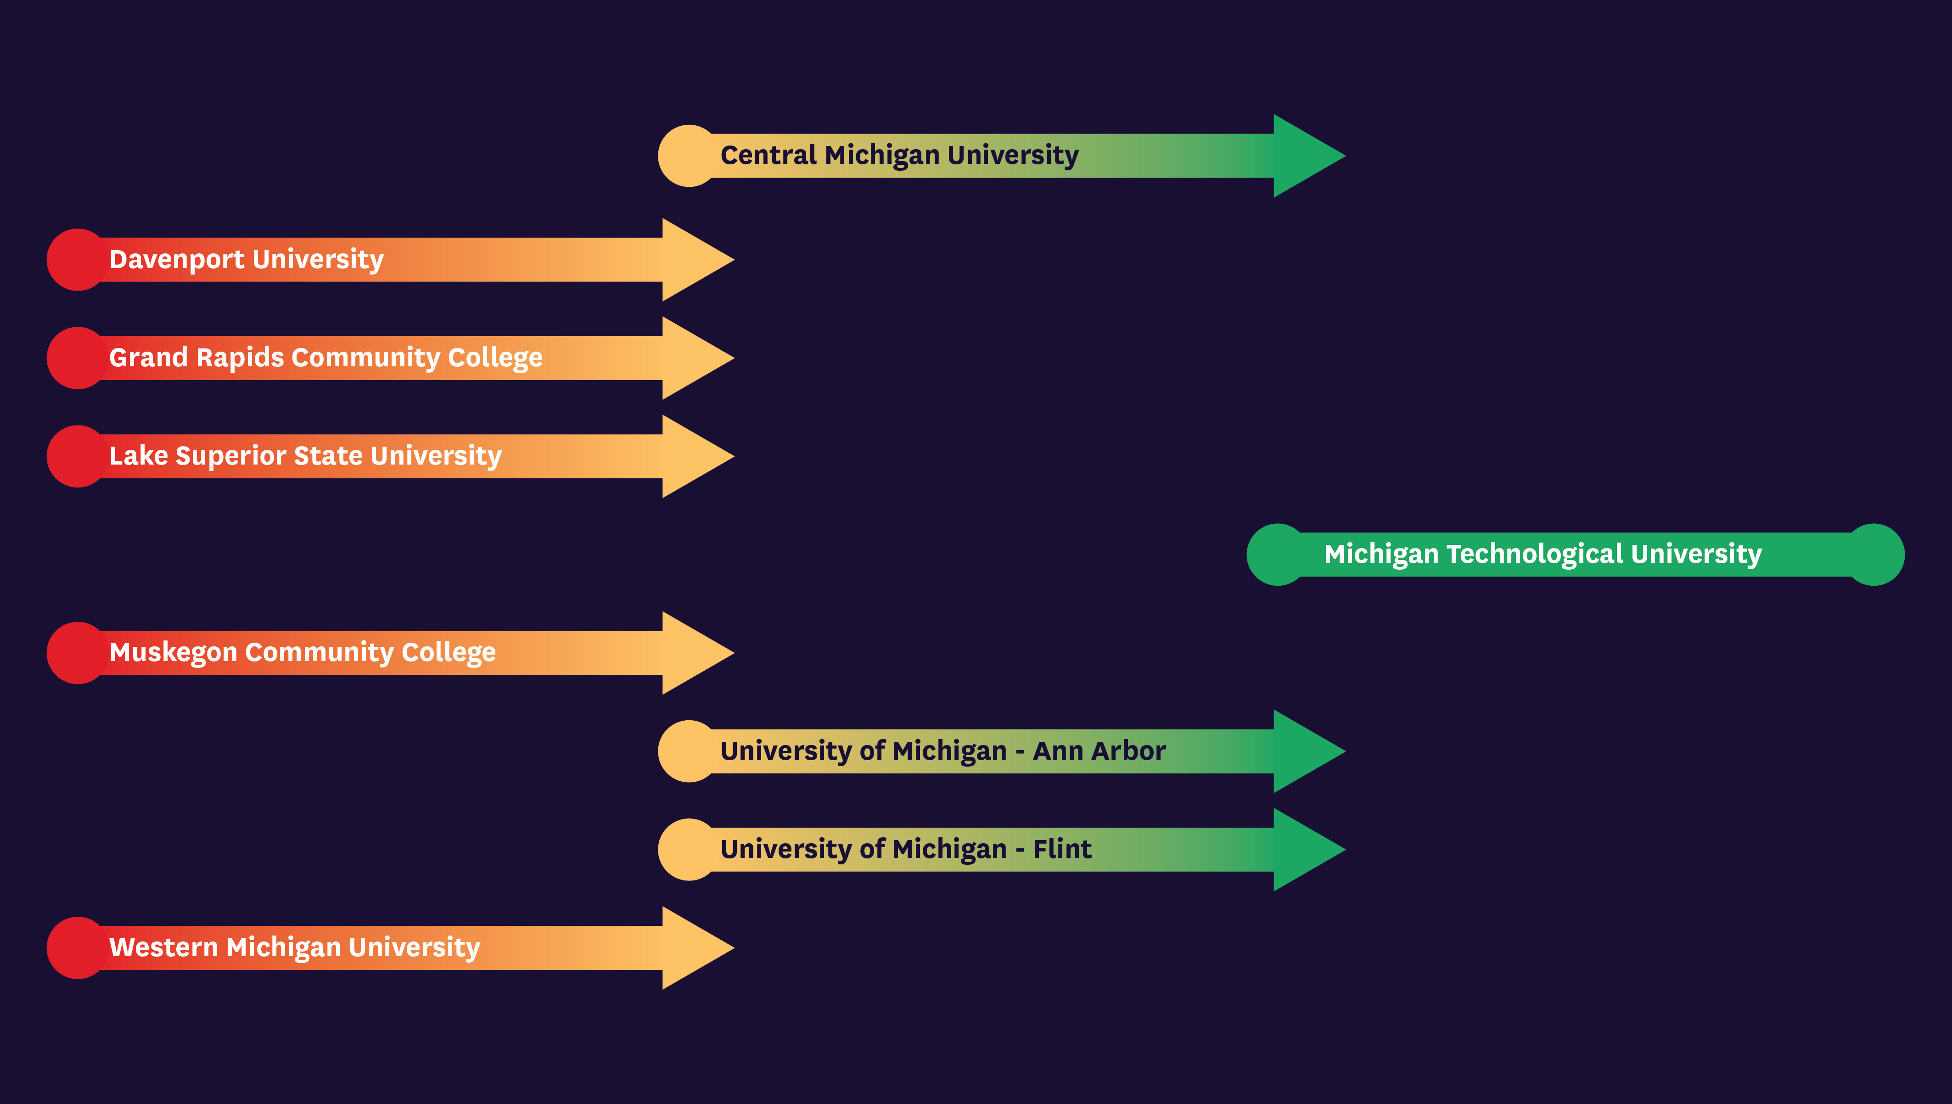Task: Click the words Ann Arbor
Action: (1099, 751)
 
